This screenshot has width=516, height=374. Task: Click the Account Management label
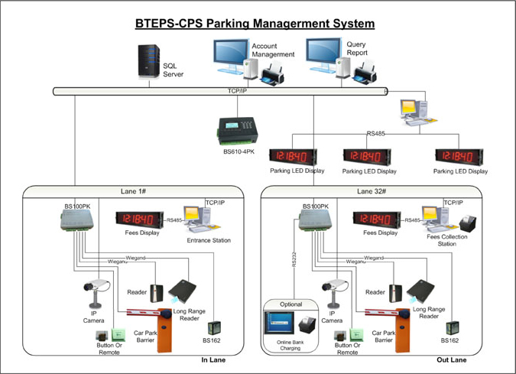pyautogui.click(x=273, y=50)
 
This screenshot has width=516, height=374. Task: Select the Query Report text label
pyautogui.click(x=357, y=49)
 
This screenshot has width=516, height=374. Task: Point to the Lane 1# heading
pyautogui.click(x=134, y=191)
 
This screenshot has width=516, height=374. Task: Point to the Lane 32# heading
pyautogui.click(x=372, y=191)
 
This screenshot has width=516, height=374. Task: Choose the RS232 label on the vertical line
pyautogui.click(x=294, y=260)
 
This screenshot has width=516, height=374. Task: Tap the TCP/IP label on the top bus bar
pyautogui.click(x=238, y=92)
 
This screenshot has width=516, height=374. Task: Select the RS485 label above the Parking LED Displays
pyautogui.click(x=376, y=134)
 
